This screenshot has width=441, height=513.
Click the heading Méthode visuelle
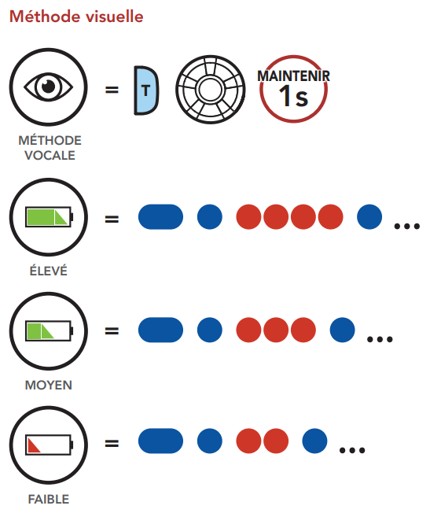(76, 17)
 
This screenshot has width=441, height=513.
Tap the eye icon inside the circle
(49, 87)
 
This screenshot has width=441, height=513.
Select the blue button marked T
(146, 90)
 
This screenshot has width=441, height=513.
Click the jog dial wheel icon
(210, 90)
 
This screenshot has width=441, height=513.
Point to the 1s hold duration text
(293, 97)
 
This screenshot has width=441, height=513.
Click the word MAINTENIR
(293, 76)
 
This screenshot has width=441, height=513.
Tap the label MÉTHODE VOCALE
(50, 148)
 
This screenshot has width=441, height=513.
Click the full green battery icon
(49, 216)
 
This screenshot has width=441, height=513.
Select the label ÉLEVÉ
(49, 271)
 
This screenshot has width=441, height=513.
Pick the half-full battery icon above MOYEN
(49, 330)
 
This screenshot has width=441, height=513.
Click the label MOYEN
(49, 385)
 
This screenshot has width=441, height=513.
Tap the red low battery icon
(49, 445)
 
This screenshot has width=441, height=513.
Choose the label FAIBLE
(49, 500)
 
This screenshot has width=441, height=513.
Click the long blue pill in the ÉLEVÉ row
(160, 217)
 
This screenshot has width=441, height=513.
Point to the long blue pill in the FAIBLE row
(160, 441)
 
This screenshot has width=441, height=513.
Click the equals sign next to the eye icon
(112, 90)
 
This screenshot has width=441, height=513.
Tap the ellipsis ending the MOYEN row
(380, 339)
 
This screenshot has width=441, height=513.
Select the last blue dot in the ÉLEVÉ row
(369, 217)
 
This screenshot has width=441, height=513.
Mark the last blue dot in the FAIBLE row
(314, 441)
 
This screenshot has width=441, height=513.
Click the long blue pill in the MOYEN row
(160, 330)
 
